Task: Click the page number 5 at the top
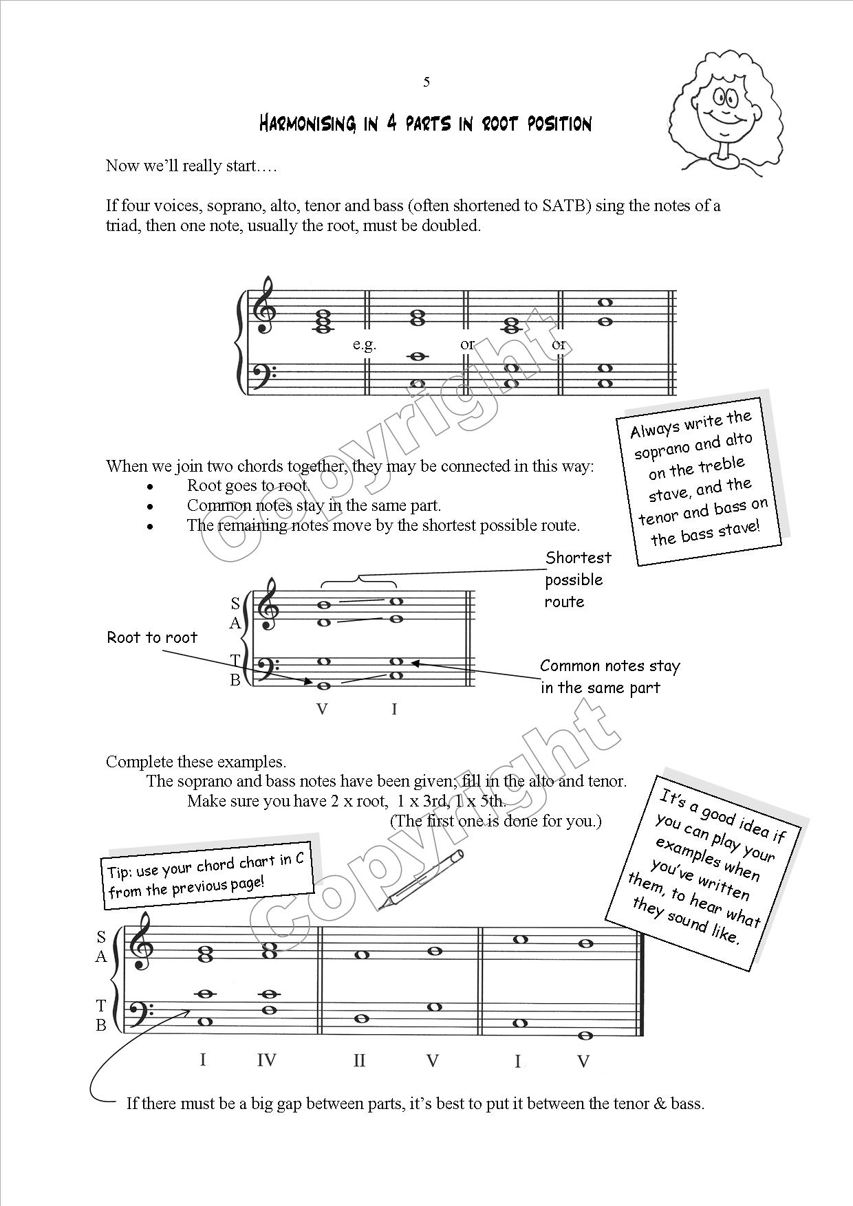(x=426, y=83)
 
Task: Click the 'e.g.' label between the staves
(x=364, y=344)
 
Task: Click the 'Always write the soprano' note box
(x=700, y=479)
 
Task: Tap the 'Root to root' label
(x=152, y=637)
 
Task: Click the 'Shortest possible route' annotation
(x=577, y=580)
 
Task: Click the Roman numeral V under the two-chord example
(x=322, y=709)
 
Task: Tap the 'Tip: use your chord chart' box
(x=206, y=876)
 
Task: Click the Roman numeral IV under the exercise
(x=266, y=1060)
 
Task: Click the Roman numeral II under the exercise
(x=359, y=1060)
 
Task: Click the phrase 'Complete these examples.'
(x=196, y=762)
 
